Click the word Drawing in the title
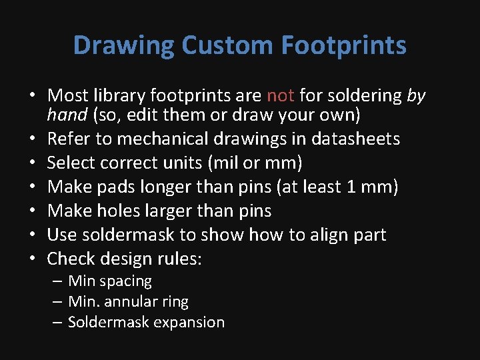pos(123,46)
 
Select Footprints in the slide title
pos(344,46)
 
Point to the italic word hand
pos(67,115)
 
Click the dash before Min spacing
pos(57,281)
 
